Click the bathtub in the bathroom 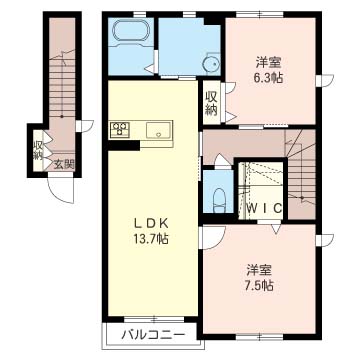pyautogui.click(x=130, y=31)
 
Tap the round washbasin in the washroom pyautogui.click(x=211, y=63)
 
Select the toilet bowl pyautogui.click(x=219, y=200)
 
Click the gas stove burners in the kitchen pyautogui.click(x=120, y=129)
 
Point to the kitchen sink pyautogui.click(x=159, y=129)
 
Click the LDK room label pyautogui.click(x=150, y=224)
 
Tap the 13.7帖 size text pyautogui.click(x=151, y=239)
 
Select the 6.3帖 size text pyautogui.click(x=269, y=78)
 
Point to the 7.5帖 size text pyautogui.click(x=260, y=285)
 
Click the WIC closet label pyautogui.click(x=264, y=208)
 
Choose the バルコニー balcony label pyautogui.click(x=152, y=334)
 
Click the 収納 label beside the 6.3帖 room pyautogui.click(x=211, y=103)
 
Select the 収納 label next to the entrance pyautogui.click(x=37, y=151)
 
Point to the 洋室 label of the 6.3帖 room pyautogui.click(x=269, y=63)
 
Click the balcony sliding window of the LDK pyautogui.click(x=154, y=319)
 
